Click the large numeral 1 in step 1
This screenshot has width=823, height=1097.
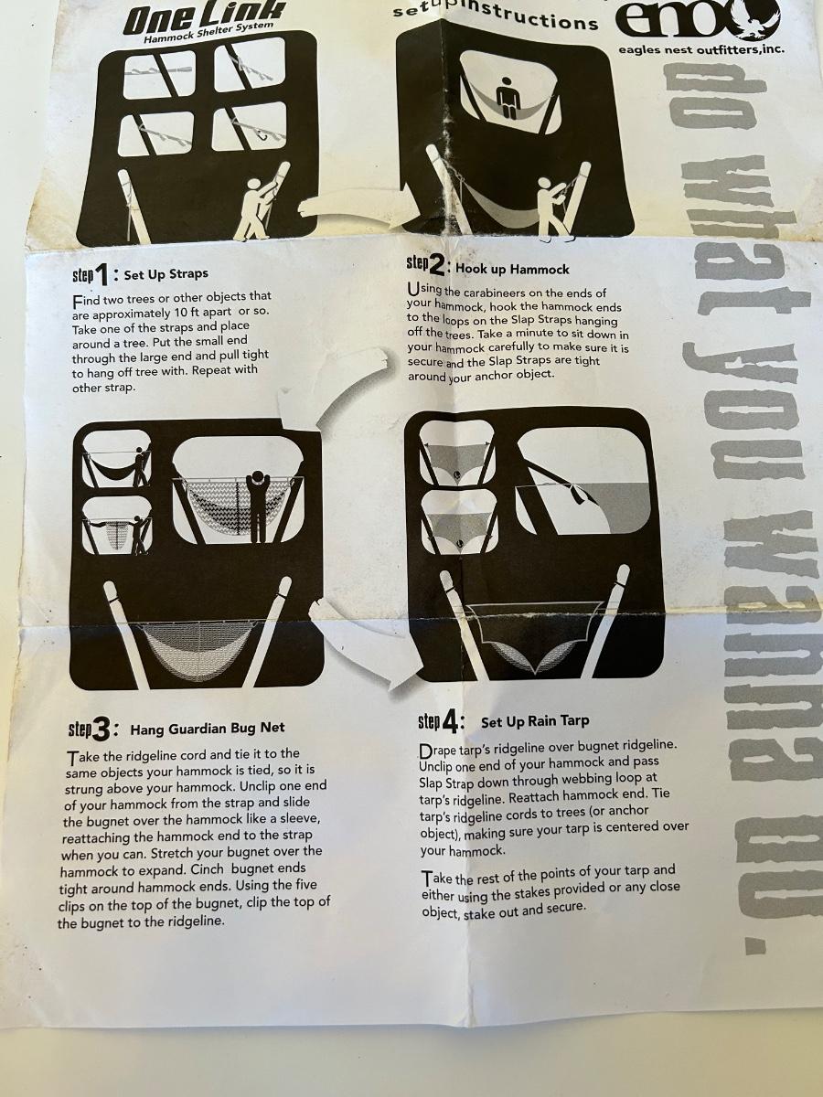102,275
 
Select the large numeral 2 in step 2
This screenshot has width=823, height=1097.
436,267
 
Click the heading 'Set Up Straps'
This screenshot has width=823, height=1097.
166,274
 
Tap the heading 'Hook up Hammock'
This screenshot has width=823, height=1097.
512,270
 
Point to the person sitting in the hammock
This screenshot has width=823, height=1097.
508,97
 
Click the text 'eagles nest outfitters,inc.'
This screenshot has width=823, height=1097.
701,49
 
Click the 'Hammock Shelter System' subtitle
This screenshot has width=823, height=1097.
208,33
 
